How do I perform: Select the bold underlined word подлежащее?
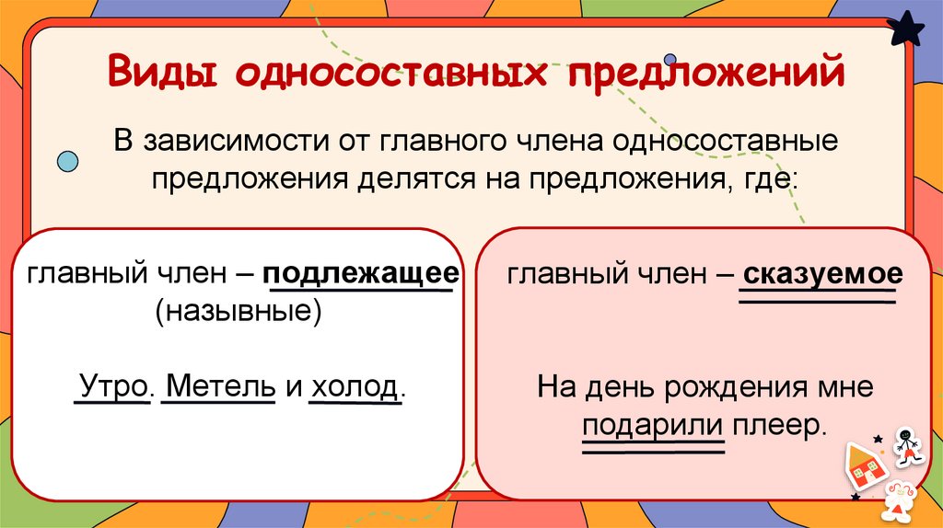pyautogui.click(x=361, y=274)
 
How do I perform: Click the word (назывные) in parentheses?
pyautogui.click(x=239, y=311)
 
